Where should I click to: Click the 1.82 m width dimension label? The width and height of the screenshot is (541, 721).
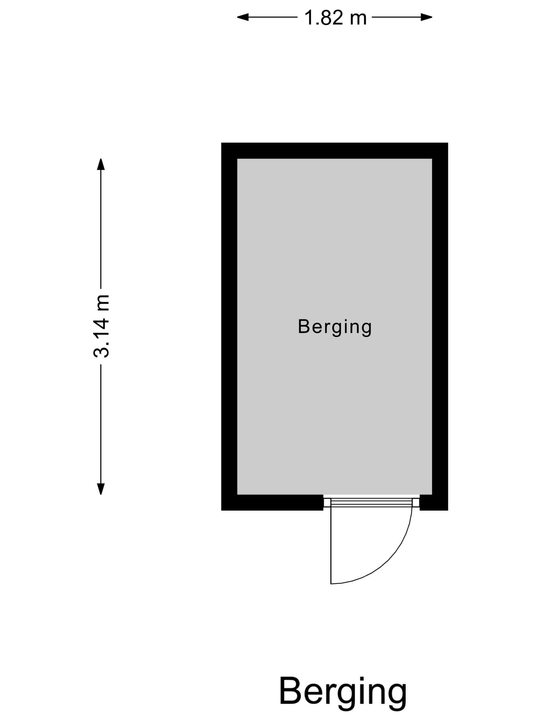[x=335, y=18]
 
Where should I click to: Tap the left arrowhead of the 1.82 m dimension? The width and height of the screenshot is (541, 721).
[x=243, y=17]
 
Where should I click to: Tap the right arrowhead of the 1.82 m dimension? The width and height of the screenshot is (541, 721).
[x=426, y=17]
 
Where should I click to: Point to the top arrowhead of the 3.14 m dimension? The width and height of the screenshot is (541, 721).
[x=101, y=164]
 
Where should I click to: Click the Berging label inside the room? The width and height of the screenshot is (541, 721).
[x=335, y=327]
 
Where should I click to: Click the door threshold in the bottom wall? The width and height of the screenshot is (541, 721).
[x=372, y=502]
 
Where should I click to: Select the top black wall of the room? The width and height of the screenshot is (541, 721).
[x=334, y=151]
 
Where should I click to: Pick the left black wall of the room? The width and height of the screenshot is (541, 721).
[x=229, y=326]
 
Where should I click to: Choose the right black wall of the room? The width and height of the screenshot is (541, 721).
[x=440, y=326]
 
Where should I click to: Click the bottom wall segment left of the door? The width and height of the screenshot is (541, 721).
[x=272, y=503]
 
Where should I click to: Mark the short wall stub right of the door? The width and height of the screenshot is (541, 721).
[x=434, y=503]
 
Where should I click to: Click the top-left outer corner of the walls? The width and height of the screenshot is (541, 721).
[x=221, y=143]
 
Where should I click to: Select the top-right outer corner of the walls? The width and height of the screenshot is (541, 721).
[x=448, y=143]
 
